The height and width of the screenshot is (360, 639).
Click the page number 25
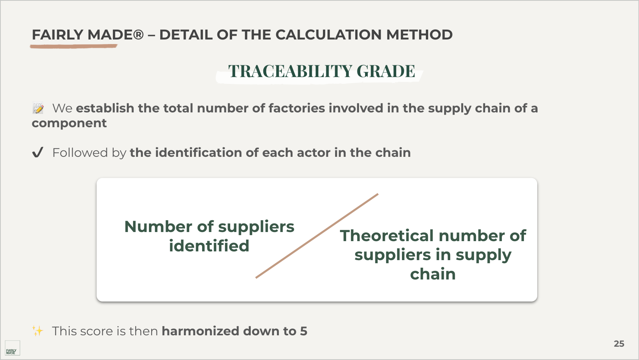pyautogui.click(x=619, y=344)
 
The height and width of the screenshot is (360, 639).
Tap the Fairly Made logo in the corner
pyautogui.click(x=12, y=348)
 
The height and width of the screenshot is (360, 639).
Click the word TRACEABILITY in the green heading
pyautogui.click(x=290, y=71)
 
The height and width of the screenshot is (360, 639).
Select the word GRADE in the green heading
pyautogui.click(x=386, y=71)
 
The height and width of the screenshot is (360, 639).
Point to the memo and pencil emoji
pyautogui.click(x=38, y=108)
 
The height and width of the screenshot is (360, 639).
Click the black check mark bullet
pyautogui.click(x=38, y=152)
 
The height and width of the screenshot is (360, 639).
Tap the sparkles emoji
pyautogui.click(x=37, y=331)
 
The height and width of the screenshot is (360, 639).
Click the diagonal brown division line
pyautogui.click(x=317, y=235)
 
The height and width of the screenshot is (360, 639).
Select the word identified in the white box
pyautogui.click(x=209, y=246)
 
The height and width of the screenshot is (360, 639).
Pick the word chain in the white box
pyautogui.click(x=433, y=274)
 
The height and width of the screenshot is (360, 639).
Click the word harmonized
pyautogui.click(x=200, y=331)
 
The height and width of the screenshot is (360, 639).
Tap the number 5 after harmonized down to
pyautogui.click(x=304, y=331)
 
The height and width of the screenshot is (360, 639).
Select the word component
pyautogui.click(x=69, y=123)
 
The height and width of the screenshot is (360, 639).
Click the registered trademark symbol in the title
pyautogui.click(x=138, y=35)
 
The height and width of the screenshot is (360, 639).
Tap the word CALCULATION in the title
pyautogui.click(x=328, y=35)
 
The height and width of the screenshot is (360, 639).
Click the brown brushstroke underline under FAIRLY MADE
pyautogui.click(x=74, y=46)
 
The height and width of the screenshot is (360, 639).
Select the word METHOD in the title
pyautogui.click(x=419, y=35)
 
